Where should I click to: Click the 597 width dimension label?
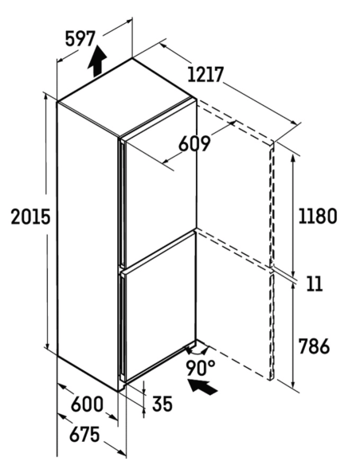pyautogui.click(x=80, y=39)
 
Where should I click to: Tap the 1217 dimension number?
pyautogui.click(x=205, y=74)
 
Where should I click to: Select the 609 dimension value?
pyautogui.click(x=194, y=144)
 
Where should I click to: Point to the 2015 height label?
pyautogui.click(x=30, y=217)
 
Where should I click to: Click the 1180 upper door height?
pyautogui.click(x=317, y=216)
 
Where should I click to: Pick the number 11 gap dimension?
pyautogui.click(x=315, y=283)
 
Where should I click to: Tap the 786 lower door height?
pyautogui.click(x=314, y=346)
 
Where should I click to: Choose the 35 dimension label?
pyautogui.click(x=162, y=404)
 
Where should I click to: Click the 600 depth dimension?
pyautogui.click(x=87, y=404)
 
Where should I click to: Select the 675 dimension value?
pyautogui.click(x=84, y=435)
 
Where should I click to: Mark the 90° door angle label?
pyautogui.click(x=201, y=368)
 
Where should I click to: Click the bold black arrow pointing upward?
pyautogui.click(x=97, y=61)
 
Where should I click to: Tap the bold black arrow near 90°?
pyautogui.click(x=203, y=385)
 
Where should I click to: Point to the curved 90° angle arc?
pyautogui.click(x=197, y=352)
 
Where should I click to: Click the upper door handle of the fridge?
pyautogui.click(x=123, y=201)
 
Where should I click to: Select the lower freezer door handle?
pyautogui.click(x=122, y=326)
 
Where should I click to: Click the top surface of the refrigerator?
pyautogui.click(x=127, y=97)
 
